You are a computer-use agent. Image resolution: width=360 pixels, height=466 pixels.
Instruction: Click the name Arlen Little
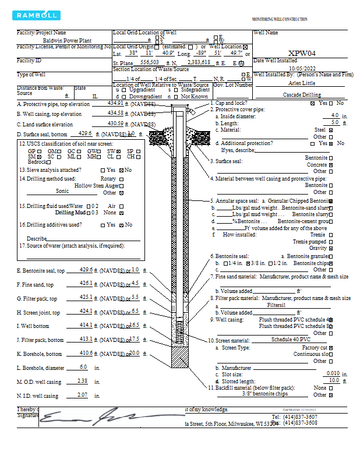click(301, 83)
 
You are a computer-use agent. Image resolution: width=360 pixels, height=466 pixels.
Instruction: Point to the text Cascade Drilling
click(301, 94)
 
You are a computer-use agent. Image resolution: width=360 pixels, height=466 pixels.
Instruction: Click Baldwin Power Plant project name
click(62, 41)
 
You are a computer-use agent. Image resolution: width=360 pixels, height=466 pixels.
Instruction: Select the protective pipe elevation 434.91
click(115, 103)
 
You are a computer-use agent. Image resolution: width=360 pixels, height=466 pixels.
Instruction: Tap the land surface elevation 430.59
click(115, 123)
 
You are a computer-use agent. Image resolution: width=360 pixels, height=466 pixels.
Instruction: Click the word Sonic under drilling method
click(62, 190)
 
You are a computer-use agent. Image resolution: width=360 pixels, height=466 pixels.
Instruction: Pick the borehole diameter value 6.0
click(83, 367)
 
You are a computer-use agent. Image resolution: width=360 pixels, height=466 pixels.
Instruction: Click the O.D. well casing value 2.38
click(83, 381)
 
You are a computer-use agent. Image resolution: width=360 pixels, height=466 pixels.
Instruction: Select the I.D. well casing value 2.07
click(83, 396)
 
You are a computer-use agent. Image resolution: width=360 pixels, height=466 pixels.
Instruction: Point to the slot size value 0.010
click(333, 373)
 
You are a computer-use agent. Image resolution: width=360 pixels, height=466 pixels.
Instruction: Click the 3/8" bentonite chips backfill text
click(265, 394)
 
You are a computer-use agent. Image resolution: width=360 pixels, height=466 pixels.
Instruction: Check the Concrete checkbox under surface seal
click(331, 165)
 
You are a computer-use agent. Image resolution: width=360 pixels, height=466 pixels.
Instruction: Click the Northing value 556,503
click(150, 62)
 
